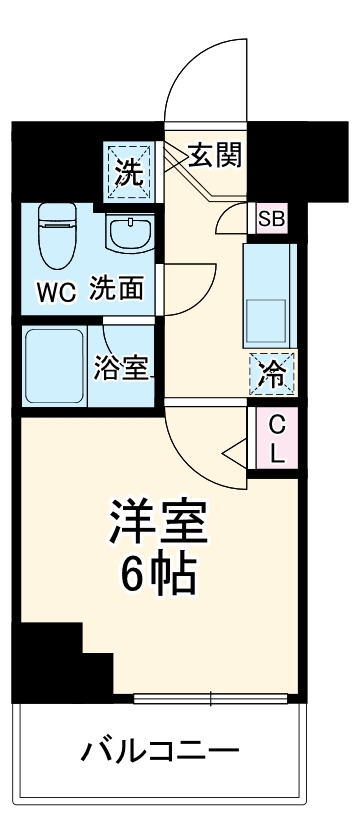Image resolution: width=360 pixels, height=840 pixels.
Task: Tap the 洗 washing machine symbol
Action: [x=129, y=172]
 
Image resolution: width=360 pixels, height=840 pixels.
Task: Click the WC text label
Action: [x=57, y=293]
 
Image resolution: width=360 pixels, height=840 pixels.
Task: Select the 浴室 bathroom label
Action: [x=121, y=369]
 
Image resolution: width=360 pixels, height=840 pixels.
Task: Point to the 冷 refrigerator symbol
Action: [x=272, y=376]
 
